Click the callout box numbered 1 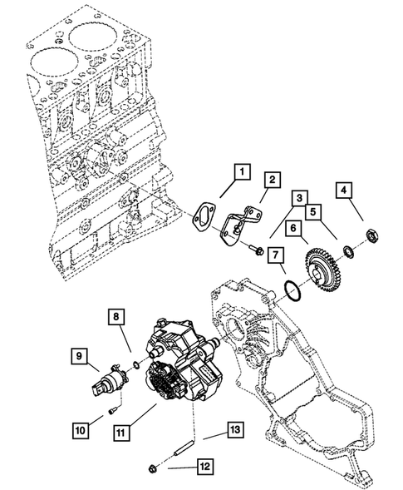[x=240, y=172]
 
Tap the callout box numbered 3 [x=297, y=197]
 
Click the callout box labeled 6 [x=295, y=226]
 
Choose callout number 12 [x=204, y=467]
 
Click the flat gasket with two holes [x=204, y=218]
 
